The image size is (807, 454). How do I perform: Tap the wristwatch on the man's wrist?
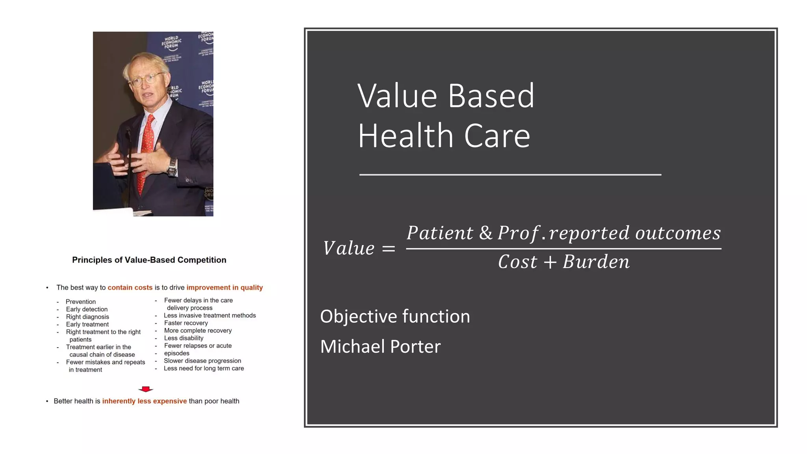[x=172, y=167]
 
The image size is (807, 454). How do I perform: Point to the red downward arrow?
[x=146, y=389]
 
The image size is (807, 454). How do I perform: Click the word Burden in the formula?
[x=596, y=262]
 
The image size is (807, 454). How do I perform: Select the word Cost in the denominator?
[x=517, y=262]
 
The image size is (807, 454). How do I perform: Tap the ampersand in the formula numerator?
[x=486, y=233]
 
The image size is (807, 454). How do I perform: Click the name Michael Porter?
[x=380, y=347]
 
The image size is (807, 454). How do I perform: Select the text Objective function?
[x=395, y=316]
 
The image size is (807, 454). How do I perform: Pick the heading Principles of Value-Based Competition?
[x=149, y=260]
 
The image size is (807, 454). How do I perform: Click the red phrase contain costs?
[x=130, y=288]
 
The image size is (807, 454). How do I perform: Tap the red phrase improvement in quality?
[x=225, y=288]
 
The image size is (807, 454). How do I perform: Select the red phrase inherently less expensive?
[x=144, y=401]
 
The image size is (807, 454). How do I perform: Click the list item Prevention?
[x=81, y=302]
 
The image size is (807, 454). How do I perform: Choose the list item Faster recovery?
[x=186, y=323]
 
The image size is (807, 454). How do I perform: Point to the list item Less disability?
[x=184, y=338]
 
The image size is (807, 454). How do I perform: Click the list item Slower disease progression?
[x=202, y=361]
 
